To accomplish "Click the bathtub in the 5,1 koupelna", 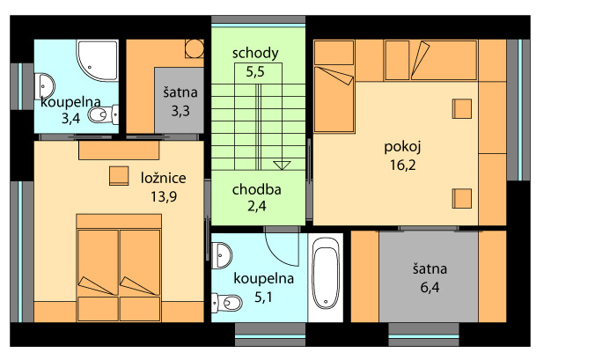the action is (x=326, y=272).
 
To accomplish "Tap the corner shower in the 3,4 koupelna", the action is (x=98, y=60).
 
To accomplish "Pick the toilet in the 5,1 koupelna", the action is (x=226, y=303).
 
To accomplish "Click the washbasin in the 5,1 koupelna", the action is (x=221, y=255).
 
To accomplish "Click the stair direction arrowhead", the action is (x=282, y=165).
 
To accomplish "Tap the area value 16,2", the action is (x=402, y=165).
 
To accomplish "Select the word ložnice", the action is (x=164, y=178).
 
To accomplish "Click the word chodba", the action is (x=257, y=189).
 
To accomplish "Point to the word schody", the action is (x=255, y=54).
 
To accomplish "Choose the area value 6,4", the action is (x=430, y=287).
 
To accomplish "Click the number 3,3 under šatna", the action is (x=180, y=111).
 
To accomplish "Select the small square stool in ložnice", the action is (x=119, y=176).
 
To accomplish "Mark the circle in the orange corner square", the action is (x=195, y=48).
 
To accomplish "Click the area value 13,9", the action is (x=164, y=196).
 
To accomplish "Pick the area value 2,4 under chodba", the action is (x=257, y=206).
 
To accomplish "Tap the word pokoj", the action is (x=402, y=147).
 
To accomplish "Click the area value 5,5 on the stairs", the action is (x=255, y=71).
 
